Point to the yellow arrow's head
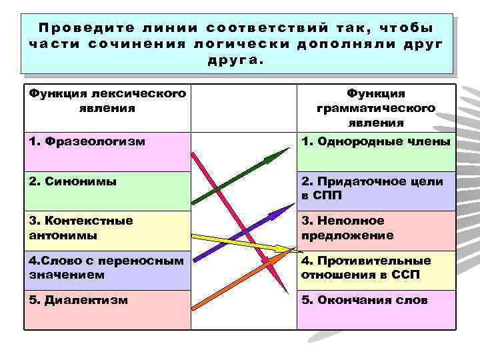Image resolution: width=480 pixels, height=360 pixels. pyautogui.click(x=289, y=249)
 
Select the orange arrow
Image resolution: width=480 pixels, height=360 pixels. pyautogui.click(x=240, y=275)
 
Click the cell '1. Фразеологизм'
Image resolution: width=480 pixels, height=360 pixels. pyautogui.click(x=107, y=151)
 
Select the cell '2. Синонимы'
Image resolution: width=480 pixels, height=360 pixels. pyautogui.click(x=107, y=190)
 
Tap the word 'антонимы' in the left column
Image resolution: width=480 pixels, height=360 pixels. pyautogui.click(x=64, y=236)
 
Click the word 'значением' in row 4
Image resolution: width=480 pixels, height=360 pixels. pyautogui.click(x=67, y=274)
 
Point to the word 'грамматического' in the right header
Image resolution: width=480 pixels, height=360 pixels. pyautogui.click(x=376, y=108)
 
